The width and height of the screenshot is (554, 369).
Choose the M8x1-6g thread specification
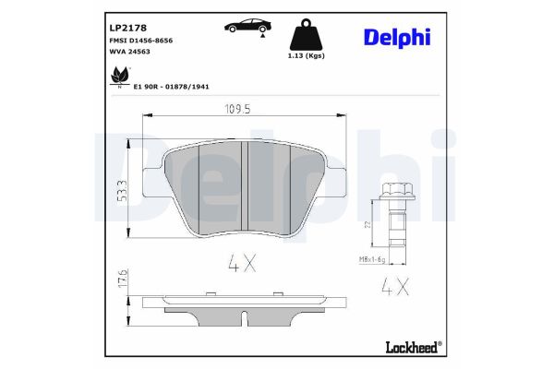tap(374, 260)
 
